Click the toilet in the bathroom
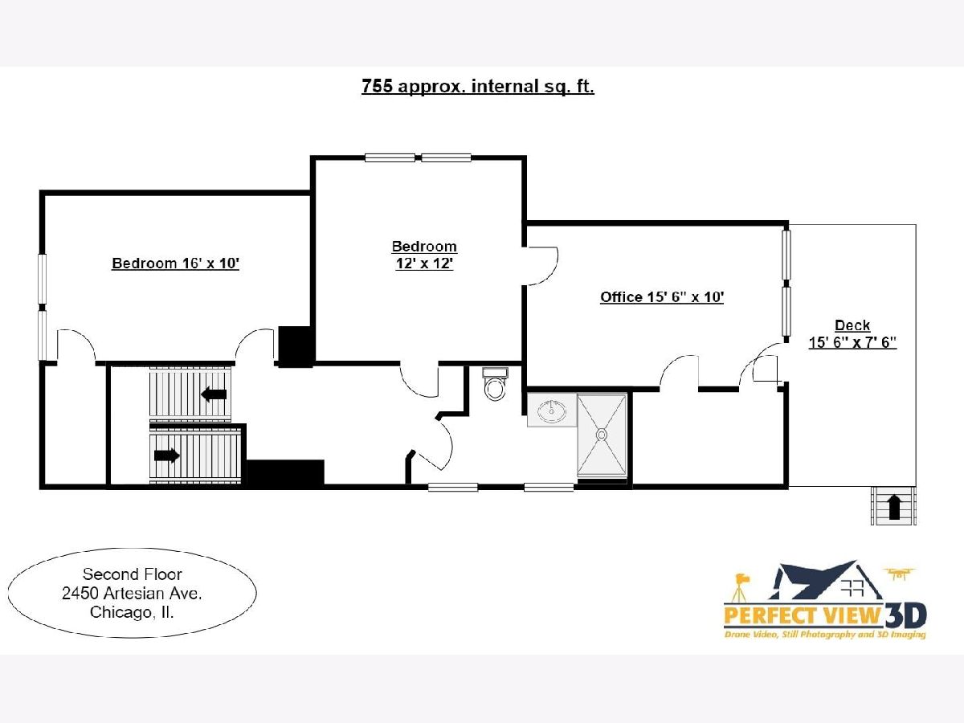point(495,385)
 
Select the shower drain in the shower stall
point(601,435)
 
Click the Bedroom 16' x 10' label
point(175,263)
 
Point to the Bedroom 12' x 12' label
point(424,255)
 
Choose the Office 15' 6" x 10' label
point(662,297)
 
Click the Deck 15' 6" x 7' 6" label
point(852,333)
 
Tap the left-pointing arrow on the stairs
point(214,394)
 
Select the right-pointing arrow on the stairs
point(167,455)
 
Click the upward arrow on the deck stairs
point(894,508)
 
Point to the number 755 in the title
point(377,86)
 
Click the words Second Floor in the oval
point(133,574)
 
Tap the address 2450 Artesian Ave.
point(132,594)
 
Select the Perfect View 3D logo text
point(826,615)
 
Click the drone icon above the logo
point(900,574)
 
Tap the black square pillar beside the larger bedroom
point(295,346)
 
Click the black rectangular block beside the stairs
point(285,473)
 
